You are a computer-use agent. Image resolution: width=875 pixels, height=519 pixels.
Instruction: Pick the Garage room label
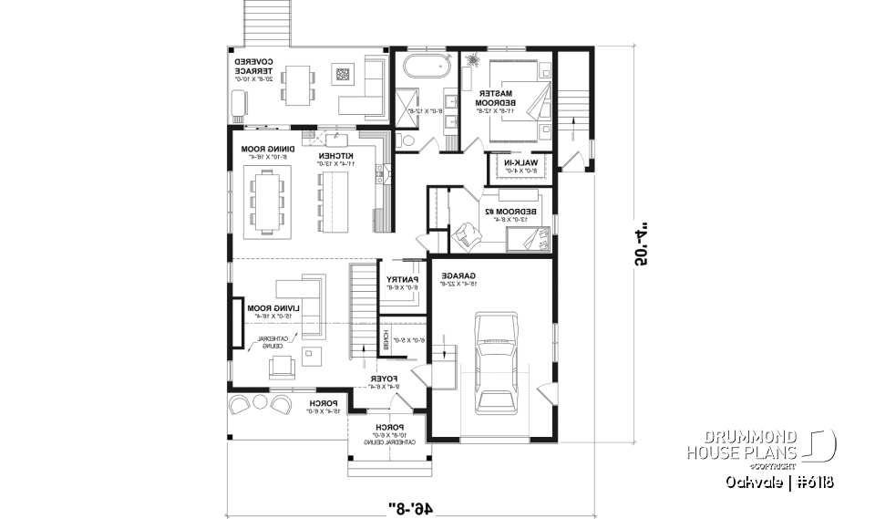pos(456,278)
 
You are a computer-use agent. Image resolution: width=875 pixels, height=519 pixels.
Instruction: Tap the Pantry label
pos(402,283)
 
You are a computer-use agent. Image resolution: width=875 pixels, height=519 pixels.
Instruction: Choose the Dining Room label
pos(265,152)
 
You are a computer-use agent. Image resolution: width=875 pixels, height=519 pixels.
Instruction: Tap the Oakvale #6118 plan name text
pos(780,482)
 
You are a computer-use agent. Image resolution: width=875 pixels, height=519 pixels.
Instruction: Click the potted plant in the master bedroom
pos(475,61)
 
